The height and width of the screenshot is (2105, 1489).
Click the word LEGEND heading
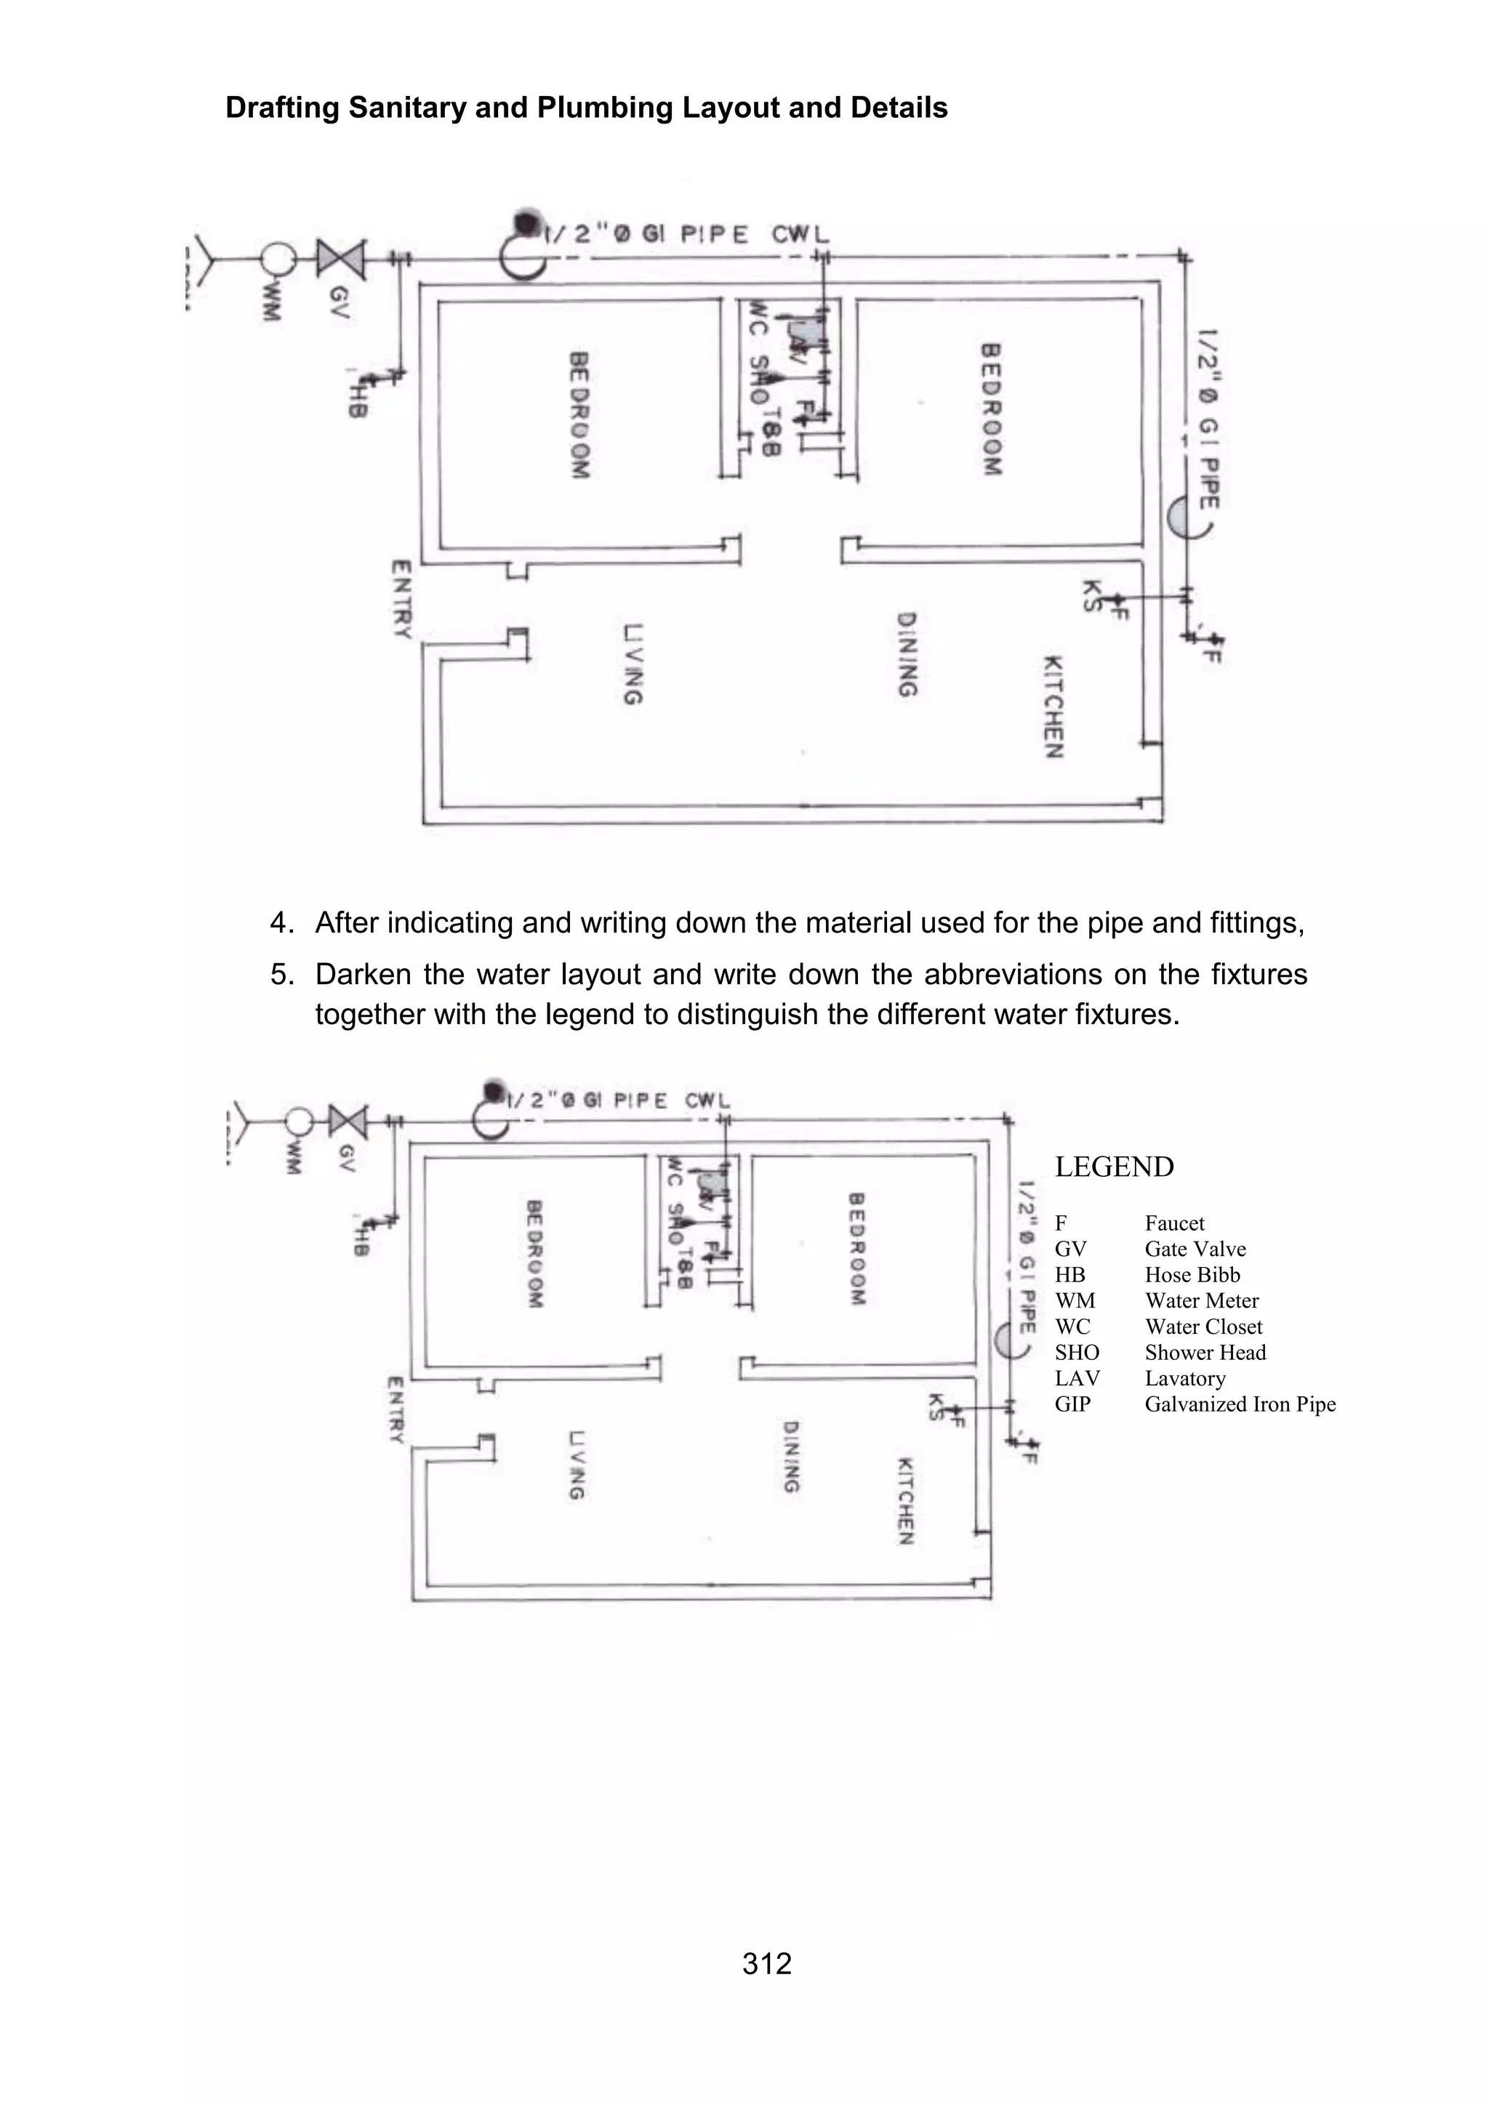[x=1113, y=1167]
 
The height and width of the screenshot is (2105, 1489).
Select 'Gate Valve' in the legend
[x=1195, y=1249]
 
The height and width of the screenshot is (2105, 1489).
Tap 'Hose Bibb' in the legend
[x=1192, y=1274]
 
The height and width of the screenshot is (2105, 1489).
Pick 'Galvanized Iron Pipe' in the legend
[x=1240, y=1404]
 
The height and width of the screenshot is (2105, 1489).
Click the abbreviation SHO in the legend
[x=1077, y=1352]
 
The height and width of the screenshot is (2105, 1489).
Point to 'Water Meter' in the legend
[x=1201, y=1300]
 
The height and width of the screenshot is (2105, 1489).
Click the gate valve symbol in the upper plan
[x=341, y=259]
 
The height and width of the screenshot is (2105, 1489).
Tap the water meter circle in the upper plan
[x=278, y=259]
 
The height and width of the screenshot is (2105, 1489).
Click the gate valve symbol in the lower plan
[x=348, y=1120]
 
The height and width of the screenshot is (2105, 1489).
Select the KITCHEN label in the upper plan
[x=1053, y=707]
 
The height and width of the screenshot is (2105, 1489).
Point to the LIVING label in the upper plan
[x=632, y=664]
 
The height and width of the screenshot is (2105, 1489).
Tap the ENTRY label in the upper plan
[x=401, y=600]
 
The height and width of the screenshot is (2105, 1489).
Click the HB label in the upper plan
[x=357, y=404]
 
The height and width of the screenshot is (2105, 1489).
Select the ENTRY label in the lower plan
[x=396, y=1410]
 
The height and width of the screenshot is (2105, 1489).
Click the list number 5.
[x=281, y=974]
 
